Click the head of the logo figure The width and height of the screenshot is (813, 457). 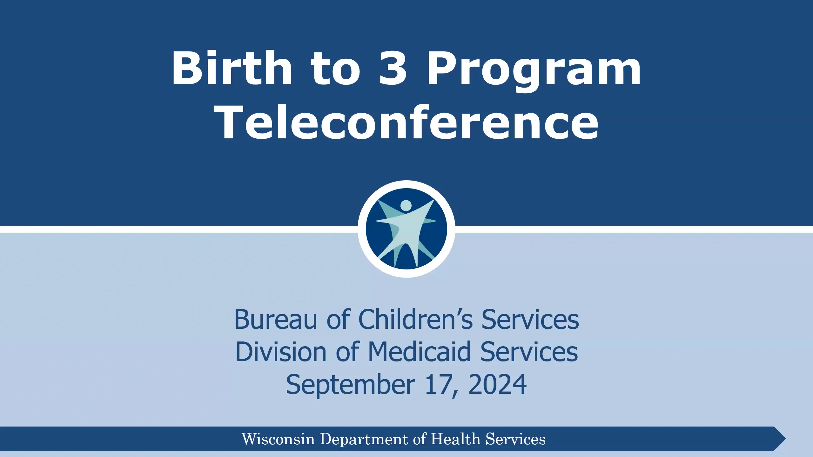tap(406, 205)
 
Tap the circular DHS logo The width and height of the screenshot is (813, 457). tap(406, 229)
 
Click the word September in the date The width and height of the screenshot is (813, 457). tap(350, 384)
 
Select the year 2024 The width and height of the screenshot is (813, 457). tap(497, 384)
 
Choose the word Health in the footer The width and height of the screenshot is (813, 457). tap(455, 439)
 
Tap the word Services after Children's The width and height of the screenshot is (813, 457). tap(530, 319)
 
